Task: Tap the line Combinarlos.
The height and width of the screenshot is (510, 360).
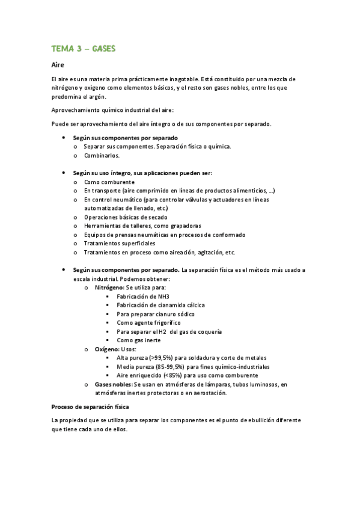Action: [102, 155]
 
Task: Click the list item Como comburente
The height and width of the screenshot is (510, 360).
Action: [109, 182]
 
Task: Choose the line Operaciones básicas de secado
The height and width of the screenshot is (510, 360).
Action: [126, 217]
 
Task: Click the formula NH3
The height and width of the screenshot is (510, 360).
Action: [162, 296]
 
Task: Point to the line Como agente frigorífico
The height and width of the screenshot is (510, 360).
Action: [148, 323]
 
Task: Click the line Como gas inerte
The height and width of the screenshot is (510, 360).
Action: [138, 340]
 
